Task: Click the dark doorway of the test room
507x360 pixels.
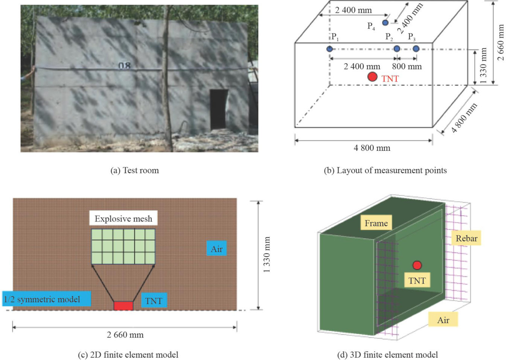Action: point(219,109)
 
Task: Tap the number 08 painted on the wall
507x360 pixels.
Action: point(125,66)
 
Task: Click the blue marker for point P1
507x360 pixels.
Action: point(329,49)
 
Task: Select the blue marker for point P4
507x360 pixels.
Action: point(385,23)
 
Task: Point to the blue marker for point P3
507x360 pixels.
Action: point(416,49)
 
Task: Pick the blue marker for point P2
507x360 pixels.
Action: point(396,49)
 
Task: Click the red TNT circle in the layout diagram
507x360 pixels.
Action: point(372,77)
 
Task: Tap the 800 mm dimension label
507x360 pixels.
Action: point(407,67)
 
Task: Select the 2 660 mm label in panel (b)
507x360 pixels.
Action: point(500,43)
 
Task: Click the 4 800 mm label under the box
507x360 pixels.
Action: point(372,148)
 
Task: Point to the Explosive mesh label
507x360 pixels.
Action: point(123,219)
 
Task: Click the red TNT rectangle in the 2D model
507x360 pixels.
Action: point(123,305)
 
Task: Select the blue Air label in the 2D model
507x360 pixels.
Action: point(216,249)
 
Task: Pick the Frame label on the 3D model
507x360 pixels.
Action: point(376,223)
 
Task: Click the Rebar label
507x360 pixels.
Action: point(466,238)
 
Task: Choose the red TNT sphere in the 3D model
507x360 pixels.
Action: point(417,265)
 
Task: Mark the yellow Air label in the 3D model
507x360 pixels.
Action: point(443,320)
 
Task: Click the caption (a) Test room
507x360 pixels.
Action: point(134,170)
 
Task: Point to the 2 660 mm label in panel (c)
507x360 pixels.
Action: point(125,334)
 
